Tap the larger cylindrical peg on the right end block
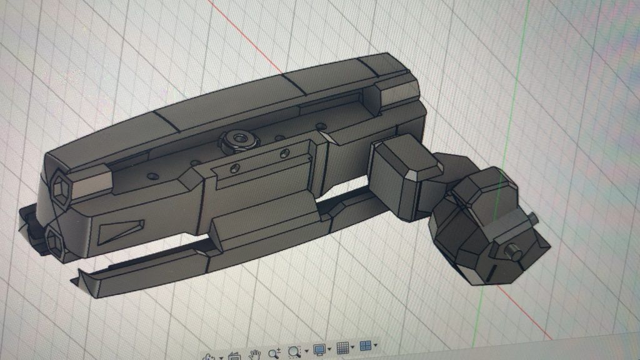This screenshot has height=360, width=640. click(x=515, y=252)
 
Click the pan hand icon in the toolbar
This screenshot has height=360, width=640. click(x=254, y=354)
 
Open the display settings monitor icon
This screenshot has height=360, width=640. click(x=319, y=349)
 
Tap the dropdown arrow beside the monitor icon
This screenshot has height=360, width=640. click(x=329, y=350)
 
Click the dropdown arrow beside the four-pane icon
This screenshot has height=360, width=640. click(x=375, y=346)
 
